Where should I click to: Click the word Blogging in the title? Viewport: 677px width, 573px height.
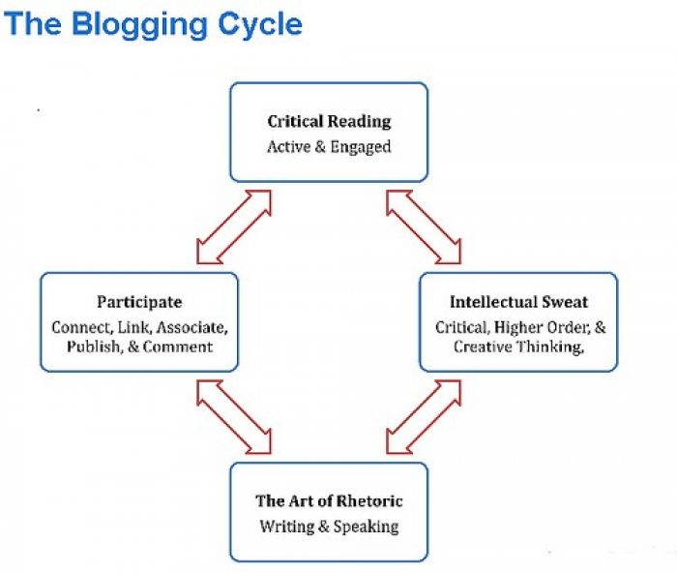coord(140,25)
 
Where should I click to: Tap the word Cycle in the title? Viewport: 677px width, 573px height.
coord(260,25)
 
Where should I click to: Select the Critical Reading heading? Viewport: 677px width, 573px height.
coord(329,121)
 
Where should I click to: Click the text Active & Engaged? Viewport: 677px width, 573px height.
coord(329,147)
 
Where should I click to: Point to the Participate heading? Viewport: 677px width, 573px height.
coord(139,302)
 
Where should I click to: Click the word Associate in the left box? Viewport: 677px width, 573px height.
coord(192,327)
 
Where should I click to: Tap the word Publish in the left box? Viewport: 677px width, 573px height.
coord(94,347)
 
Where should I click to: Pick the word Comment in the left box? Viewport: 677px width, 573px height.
coord(177,347)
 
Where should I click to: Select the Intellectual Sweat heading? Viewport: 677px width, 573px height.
coord(518,302)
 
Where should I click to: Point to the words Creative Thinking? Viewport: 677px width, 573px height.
coord(517,347)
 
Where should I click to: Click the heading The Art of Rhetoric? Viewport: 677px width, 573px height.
coord(329,500)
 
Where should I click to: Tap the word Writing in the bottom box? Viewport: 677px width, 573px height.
coord(286,527)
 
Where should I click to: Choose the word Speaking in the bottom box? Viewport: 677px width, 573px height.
coord(367,527)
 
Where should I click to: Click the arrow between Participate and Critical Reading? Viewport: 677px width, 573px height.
coord(234,226)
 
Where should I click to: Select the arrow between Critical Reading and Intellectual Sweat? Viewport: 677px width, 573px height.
coord(424,226)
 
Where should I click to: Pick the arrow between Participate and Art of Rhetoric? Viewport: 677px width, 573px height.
coord(234,417)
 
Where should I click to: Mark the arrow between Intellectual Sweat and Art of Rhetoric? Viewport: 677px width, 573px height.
coord(424,417)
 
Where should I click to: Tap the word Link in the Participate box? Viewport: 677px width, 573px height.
coord(134,327)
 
